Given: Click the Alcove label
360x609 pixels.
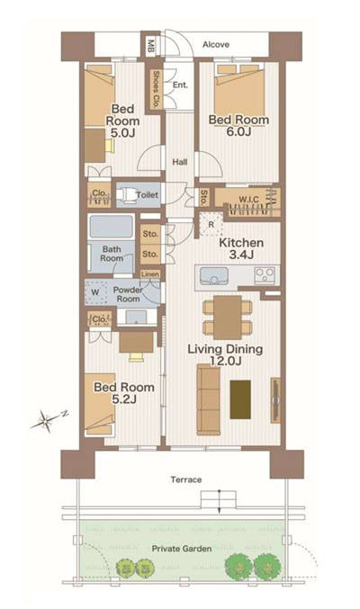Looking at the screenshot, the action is click(x=216, y=45).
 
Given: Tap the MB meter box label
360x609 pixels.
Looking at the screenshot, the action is click(x=151, y=46).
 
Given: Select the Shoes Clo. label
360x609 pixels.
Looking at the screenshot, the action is click(x=156, y=89).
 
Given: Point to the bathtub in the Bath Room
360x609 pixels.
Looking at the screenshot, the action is click(x=112, y=227).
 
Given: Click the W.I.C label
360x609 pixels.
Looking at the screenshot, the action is click(x=248, y=200).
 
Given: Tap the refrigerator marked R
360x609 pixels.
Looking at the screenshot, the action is click(x=211, y=224).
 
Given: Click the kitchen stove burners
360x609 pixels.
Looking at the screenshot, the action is click(x=265, y=276).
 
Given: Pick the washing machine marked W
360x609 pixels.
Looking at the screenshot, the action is click(x=95, y=292).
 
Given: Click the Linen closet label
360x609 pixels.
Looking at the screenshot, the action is click(x=150, y=274).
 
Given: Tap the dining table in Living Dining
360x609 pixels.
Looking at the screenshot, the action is click(x=228, y=318).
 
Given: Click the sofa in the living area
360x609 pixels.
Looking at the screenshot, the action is click(x=209, y=399).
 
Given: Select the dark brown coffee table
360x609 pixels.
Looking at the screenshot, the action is click(x=240, y=399).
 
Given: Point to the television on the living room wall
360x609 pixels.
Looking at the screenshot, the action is click(x=275, y=400).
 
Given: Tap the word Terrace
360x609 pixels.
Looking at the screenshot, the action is click(x=185, y=479).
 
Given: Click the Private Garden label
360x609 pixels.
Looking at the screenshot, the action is click(x=182, y=549).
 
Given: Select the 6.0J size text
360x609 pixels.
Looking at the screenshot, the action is click(x=238, y=131).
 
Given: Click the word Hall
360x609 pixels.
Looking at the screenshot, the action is click(x=180, y=162).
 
